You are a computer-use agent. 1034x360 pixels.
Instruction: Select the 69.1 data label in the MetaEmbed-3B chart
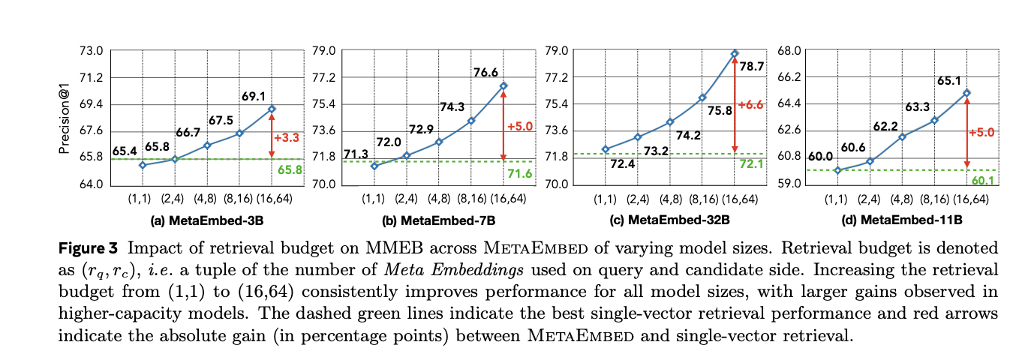point(254,97)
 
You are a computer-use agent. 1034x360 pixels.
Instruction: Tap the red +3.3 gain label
point(286,138)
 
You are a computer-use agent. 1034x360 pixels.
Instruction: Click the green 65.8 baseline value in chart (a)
point(288,169)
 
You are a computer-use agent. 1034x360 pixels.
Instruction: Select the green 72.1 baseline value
point(753,163)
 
